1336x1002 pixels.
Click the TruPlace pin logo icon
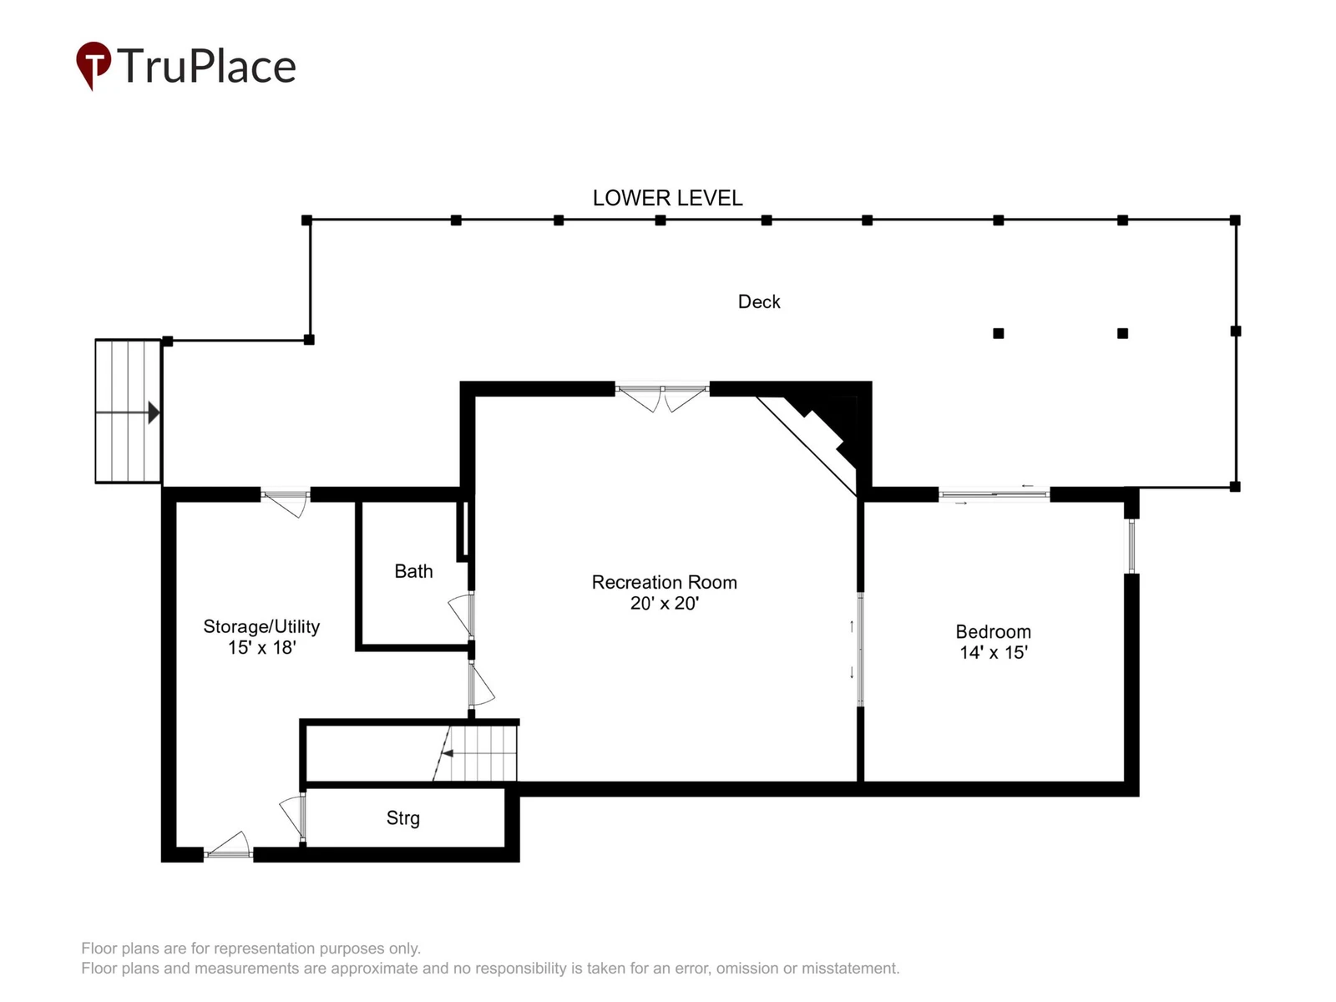(x=93, y=65)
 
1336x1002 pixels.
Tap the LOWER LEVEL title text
(x=667, y=198)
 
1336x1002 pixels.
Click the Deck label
(x=758, y=301)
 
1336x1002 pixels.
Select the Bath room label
(x=413, y=570)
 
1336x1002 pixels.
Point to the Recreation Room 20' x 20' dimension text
(x=664, y=603)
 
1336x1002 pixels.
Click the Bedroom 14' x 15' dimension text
(x=994, y=652)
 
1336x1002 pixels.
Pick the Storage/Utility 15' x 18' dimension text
(x=261, y=647)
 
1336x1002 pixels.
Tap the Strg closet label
(x=403, y=817)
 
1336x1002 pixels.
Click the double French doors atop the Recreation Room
(x=662, y=397)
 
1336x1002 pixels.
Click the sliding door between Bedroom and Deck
(x=994, y=494)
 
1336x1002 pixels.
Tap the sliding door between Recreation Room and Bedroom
(x=859, y=649)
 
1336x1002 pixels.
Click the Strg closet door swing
(x=293, y=817)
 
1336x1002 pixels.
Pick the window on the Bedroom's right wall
(x=1131, y=546)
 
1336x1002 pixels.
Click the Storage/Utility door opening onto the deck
(x=286, y=503)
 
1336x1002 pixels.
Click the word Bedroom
(x=994, y=631)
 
